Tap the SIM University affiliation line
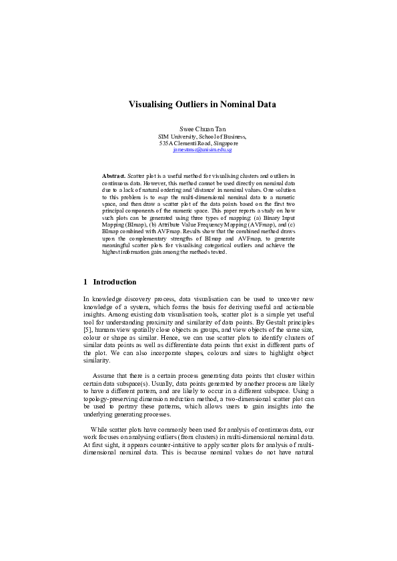[x=197, y=135]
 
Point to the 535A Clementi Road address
[x=198, y=143]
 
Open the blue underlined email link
[x=202, y=150]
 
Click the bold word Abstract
[x=113, y=174]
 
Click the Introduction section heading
[x=115, y=282]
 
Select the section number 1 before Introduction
[x=85, y=282]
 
